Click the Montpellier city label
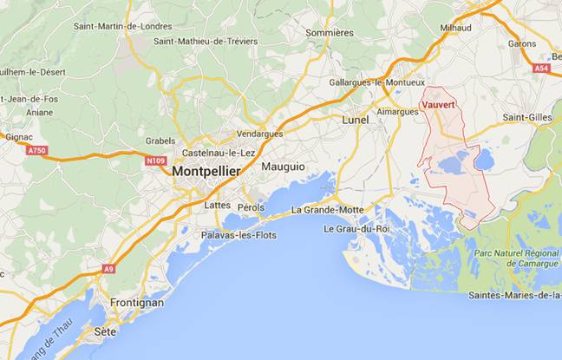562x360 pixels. (206, 172)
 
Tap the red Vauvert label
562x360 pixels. (438, 106)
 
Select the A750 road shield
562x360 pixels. (36, 150)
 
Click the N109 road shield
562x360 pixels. (155, 160)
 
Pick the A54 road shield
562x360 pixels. (542, 67)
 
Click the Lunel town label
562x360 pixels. (356, 119)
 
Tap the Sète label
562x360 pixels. (105, 331)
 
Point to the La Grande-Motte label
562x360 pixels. (328, 210)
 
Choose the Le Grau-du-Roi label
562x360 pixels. (357, 229)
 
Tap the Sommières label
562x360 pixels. (329, 33)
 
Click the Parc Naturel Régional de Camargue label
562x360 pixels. (511, 258)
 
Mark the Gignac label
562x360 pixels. (18, 136)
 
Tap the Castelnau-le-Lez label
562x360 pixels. (218, 153)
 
